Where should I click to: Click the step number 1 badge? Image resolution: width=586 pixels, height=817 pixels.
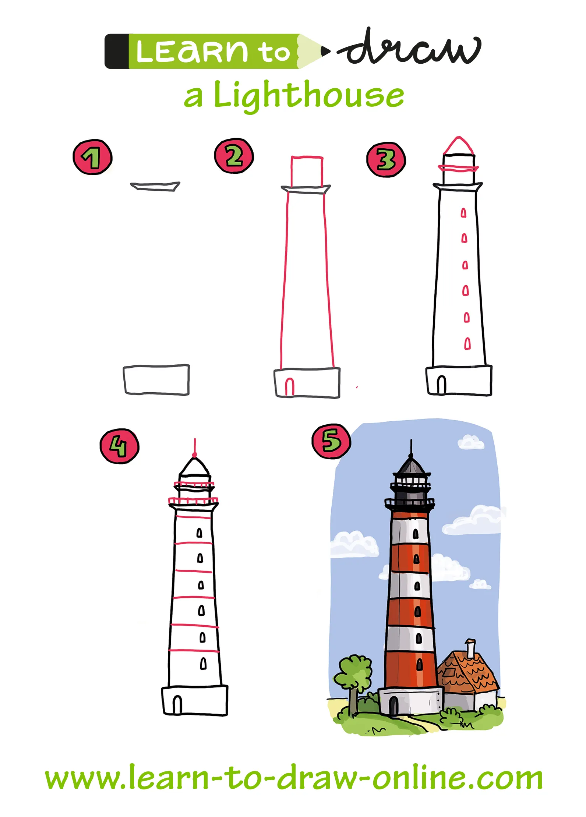92,157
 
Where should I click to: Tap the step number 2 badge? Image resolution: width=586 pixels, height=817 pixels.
234,156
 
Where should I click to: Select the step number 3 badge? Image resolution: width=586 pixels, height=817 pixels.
386,159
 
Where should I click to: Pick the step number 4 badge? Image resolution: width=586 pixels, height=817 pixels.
119,446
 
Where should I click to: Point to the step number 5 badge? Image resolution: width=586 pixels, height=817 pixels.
331,441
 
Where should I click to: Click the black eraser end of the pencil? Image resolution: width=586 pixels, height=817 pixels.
116,52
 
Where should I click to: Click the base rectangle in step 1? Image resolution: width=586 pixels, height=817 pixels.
156,380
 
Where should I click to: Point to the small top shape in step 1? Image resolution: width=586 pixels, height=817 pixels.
155,186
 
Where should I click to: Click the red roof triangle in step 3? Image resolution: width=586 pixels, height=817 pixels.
458,146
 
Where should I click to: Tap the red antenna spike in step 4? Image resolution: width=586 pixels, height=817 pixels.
195,447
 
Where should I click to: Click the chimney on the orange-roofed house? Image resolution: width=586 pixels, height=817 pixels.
470,648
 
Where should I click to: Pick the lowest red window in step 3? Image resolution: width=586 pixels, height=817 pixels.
467,344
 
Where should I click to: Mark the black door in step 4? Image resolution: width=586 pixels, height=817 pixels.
177,704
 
